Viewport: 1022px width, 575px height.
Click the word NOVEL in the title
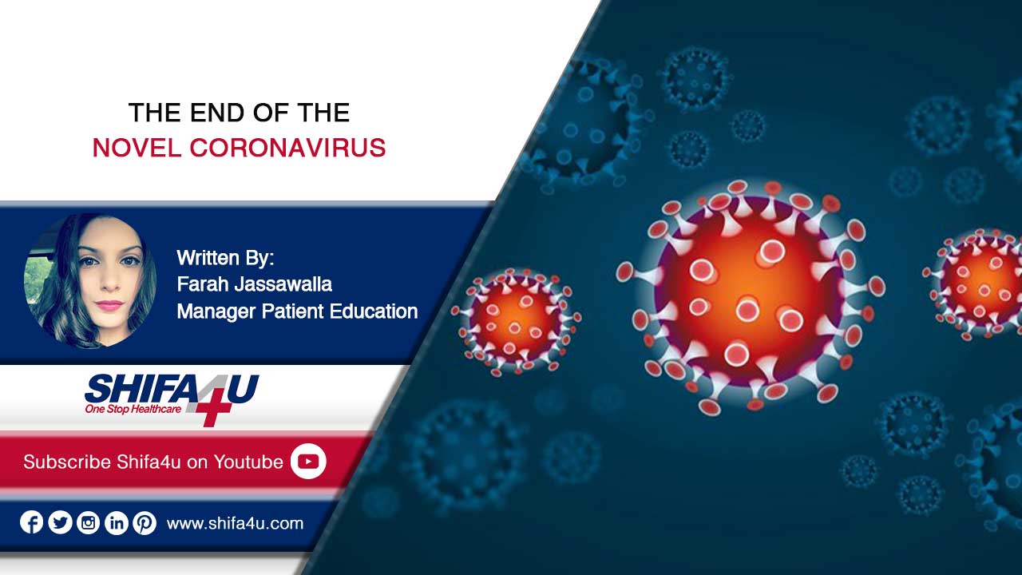pyautogui.click(x=137, y=148)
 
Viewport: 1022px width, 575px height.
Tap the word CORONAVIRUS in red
pyautogui.click(x=288, y=148)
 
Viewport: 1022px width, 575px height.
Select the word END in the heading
pyautogui.click(x=218, y=113)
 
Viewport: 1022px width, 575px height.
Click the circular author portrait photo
pyautogui.click(x=90, y=281)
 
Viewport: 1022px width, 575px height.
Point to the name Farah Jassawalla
pyautogui.click(x=254, y=284)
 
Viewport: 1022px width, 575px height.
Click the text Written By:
pyautogui.click(x=225, y=258)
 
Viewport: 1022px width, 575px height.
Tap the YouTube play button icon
pyautogui.click(x=308, y=462)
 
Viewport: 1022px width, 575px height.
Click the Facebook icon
pyautogui.click(x=31, y=522)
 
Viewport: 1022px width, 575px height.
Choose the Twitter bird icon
pyautogui.click(x=60, y=522)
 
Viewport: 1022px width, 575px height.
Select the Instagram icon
pyautogui.click(x=88, y=522)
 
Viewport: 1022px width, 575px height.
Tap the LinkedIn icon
pyautogui.click(x=117, y=522)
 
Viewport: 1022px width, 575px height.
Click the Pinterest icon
pyautogui.click(x=145, y=522)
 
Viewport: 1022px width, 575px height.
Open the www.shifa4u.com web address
pyautogui.click(x=235, y=523)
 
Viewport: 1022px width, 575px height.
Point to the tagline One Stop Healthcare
pyautogui.click(x=133, y=409)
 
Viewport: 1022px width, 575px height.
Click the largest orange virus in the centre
pyautogui.click(x=751, y=297)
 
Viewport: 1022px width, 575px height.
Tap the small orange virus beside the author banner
pyautogui.click(x=516, y=322)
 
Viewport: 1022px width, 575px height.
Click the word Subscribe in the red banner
pyautogui.click(x=67, y=462)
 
